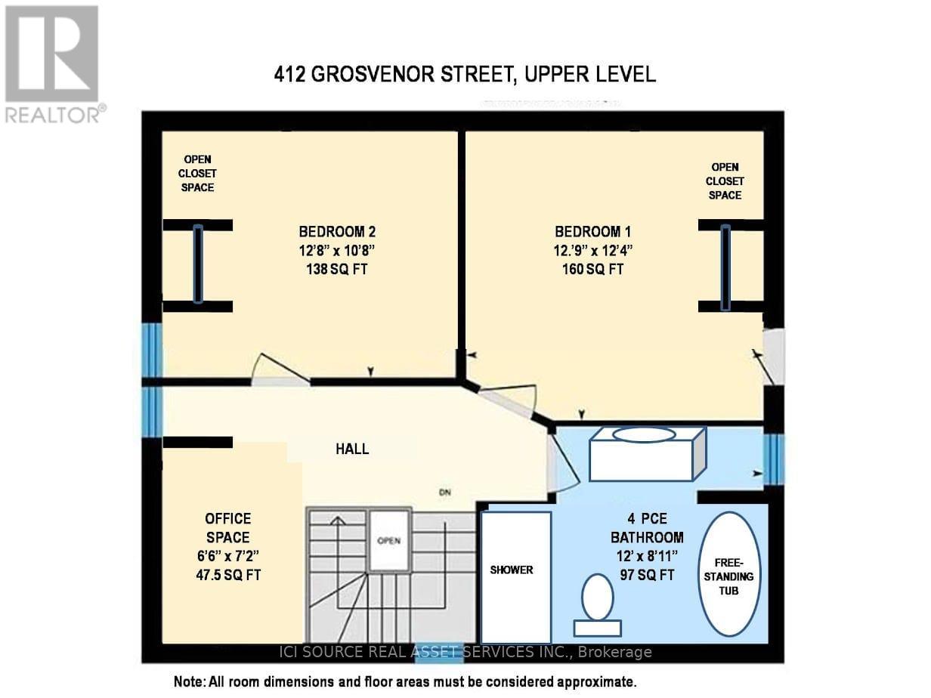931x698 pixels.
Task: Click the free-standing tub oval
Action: [729, 574]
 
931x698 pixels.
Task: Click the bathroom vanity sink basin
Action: [643, 434]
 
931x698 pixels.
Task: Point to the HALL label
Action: [352, 449]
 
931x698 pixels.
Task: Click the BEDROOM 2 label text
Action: [333, 231]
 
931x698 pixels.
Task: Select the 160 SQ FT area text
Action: [589, 268]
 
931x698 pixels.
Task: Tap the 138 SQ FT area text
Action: [333, 268]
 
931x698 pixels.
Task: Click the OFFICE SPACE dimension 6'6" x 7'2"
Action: [227, 556]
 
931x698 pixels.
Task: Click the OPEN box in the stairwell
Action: [388, 541]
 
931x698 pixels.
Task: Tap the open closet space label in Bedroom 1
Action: [725, 181]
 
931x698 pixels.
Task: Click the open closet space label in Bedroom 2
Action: [197, 173]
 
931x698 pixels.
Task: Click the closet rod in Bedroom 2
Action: [198, 264]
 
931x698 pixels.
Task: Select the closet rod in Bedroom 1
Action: [725, 267]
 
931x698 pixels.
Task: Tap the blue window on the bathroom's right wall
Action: [774, 460]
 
